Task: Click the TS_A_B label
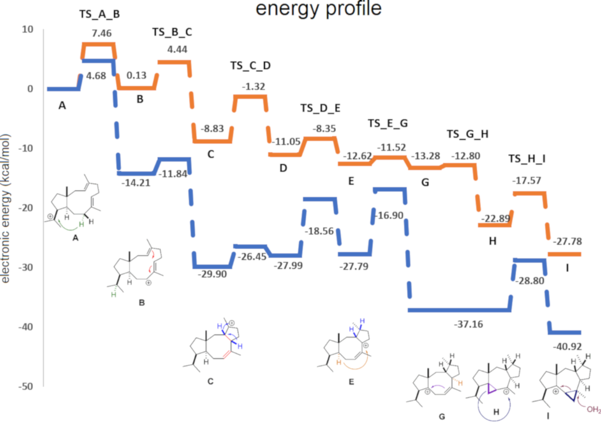coord(100,14)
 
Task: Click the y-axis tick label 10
coord(29,29)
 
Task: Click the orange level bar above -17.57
coord(530,193)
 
